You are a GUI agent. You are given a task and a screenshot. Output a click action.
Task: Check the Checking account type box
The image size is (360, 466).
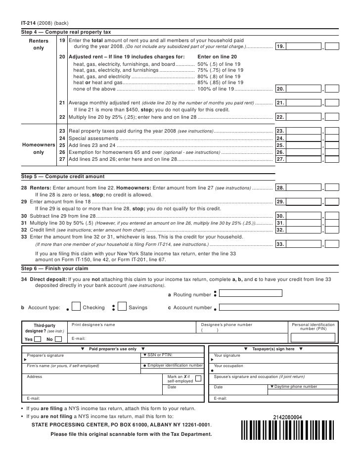[x=76, y=307]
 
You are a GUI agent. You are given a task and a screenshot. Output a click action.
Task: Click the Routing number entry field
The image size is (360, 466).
[x=251, y=294]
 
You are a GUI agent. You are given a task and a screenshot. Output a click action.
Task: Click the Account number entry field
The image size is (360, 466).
[x=277, y=307]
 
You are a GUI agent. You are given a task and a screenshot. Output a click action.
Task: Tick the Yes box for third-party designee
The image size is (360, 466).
[x=38, y=339]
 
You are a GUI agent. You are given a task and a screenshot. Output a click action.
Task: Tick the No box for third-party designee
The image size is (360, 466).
[x=58, y=339]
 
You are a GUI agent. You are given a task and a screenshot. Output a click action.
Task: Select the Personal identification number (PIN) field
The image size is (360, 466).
[x=313, y=338]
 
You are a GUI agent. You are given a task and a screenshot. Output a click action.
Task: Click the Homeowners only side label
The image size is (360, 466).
[x=38, y=148]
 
